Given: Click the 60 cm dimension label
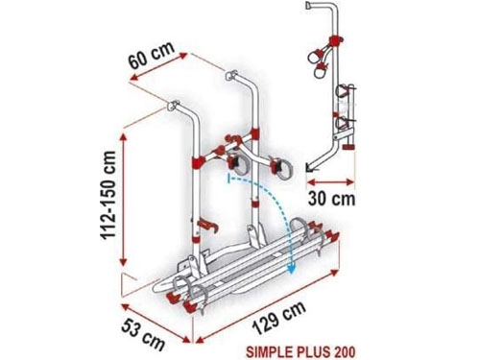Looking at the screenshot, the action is (x=152, y=55).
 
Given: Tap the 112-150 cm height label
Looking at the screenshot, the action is (x=108, y=196).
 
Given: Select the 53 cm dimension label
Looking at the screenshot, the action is (x=143, y=334).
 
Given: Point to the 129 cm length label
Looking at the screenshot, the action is (x=278, y=318).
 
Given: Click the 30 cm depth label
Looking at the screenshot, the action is (x=331, y=199).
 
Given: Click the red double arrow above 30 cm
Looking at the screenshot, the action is (x=330, y=182).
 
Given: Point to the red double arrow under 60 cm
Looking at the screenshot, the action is (x=159, y=66).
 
